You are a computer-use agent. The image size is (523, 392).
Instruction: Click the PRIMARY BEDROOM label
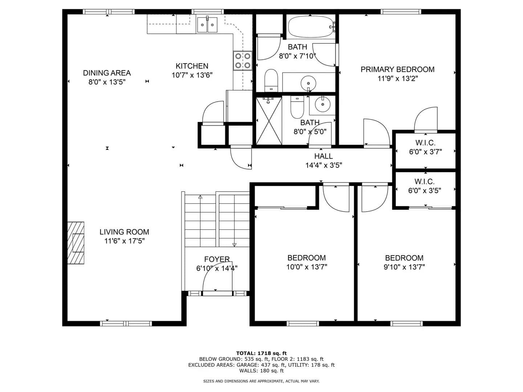397,69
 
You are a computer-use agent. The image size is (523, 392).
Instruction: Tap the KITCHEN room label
192,66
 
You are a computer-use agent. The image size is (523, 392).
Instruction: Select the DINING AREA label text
107,73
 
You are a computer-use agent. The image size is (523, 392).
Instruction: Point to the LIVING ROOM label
124,232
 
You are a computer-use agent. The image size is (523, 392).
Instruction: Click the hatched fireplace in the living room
76,243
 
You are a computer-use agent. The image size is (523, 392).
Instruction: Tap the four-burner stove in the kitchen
243,61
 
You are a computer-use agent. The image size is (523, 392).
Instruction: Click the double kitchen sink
207,25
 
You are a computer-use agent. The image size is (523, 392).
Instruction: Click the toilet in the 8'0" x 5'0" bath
297,107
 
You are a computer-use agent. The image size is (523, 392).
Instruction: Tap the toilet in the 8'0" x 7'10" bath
271,80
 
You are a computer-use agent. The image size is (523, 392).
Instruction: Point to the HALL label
323,156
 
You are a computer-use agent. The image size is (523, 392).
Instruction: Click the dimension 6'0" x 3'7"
425,152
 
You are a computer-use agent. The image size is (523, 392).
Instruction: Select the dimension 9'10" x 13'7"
404,267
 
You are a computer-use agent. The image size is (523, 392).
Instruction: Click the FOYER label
217,259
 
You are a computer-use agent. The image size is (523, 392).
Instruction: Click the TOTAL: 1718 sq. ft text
261,353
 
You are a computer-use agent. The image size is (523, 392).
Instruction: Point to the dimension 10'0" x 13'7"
307,267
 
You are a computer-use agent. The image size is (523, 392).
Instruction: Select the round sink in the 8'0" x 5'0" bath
323,105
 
